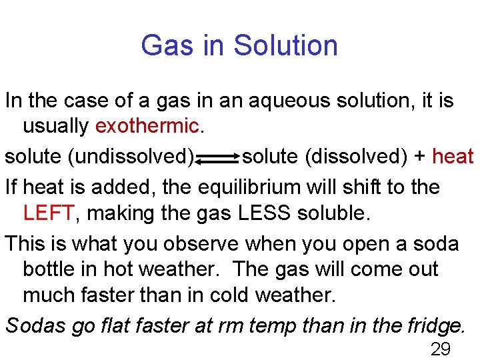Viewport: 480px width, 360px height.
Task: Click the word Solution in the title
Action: [286, 45]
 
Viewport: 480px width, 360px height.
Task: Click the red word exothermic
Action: [147, 125]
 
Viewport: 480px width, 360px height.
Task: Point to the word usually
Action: [56, 125]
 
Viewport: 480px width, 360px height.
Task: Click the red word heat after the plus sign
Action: [453, 157]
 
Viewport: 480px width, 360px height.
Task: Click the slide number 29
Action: [441, 349]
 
